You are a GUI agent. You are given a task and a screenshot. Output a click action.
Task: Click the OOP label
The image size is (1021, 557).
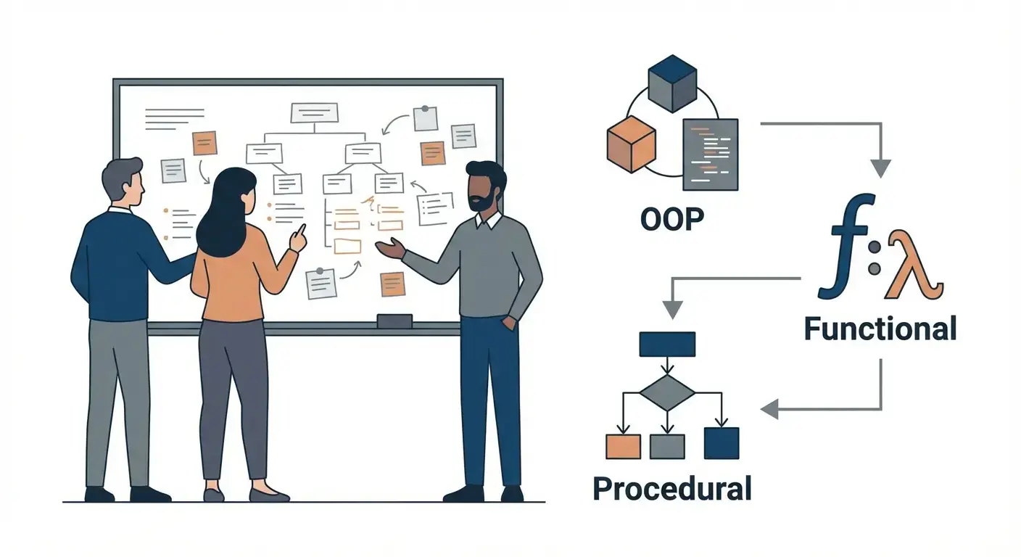(672, 220)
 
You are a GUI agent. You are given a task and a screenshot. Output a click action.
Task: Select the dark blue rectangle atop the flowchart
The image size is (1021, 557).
(666, 344)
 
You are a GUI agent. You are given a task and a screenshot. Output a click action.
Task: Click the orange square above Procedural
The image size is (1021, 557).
(623, 445)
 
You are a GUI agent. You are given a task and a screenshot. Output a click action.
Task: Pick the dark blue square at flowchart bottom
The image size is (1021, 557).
(722, 443)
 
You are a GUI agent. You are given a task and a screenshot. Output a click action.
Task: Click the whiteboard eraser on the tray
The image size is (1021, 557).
(394, 321)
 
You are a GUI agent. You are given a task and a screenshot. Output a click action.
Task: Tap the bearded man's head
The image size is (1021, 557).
(485, 186)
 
